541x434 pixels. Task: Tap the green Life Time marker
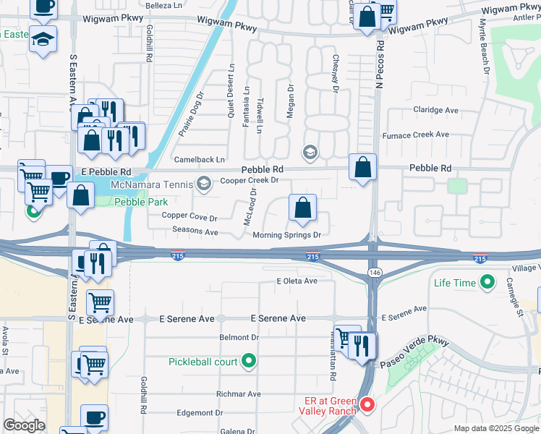click(487, 283)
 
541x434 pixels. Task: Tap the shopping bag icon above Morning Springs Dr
click(302, 208)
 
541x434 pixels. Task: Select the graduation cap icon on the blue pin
click(43, 38)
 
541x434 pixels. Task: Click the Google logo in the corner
click(24, 425)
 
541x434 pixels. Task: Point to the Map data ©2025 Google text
click(495, 428)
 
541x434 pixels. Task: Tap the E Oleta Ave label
click(297, 281)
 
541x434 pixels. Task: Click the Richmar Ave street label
click(239, 394)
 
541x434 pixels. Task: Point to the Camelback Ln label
click(200, 159)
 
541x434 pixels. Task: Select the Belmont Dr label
click(239, 338)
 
